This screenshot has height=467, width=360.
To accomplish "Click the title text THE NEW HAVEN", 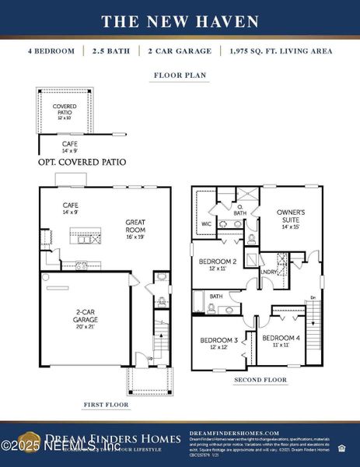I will pos(180,20).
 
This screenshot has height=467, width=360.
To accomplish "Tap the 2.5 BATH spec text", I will pos(114,51).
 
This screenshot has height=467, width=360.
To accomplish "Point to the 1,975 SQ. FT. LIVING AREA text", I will pos(281,51).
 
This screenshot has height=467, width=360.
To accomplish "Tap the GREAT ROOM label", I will pos(136,226).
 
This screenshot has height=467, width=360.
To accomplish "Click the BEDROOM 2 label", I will pos(217,265).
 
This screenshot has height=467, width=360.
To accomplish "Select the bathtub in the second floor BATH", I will pos(199,301).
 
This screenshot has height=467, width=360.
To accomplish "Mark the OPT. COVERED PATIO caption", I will pos(82,163).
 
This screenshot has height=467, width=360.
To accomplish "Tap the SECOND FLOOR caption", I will pos(260,380).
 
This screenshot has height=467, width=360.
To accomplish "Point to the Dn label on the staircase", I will pos(313,297).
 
